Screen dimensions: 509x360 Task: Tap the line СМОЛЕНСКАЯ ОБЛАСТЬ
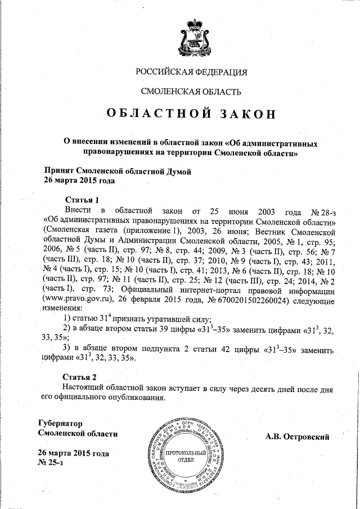pyautogui.click(x=192, y=91)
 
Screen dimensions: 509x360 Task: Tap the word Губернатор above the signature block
pyautogui.click(x=60, y=422)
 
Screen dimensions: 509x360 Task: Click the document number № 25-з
pyautogui.click(x=51, y=463)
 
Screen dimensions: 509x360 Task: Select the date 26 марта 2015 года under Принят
pyautogui.click(x=79, y=181)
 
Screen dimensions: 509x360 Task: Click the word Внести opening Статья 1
pyautogui.click(x=78, y=211)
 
